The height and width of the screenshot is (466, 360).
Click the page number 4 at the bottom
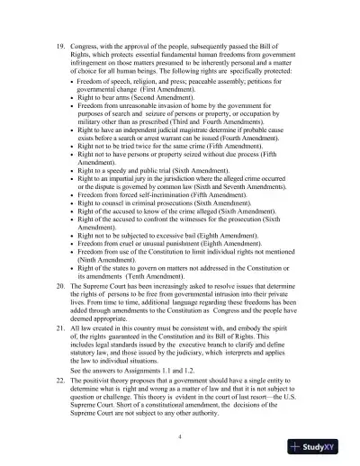pyautogui.click(x=180, y=435)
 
